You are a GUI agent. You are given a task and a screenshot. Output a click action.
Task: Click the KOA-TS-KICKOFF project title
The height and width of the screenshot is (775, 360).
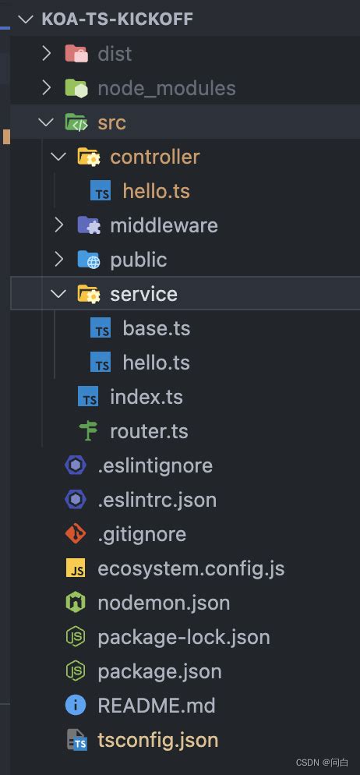pos(117,19)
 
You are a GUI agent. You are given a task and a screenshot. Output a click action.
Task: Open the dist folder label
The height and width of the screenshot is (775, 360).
pos(115,53)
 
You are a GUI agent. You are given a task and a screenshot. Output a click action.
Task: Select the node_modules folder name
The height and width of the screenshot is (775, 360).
pos(167,88)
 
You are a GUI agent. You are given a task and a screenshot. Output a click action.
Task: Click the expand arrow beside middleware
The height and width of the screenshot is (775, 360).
pos(59,225)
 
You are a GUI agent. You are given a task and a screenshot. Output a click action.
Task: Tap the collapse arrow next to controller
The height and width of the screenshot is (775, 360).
pos(58,157)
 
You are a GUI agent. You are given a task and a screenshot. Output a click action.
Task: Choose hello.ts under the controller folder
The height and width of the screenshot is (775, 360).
pos(156,191)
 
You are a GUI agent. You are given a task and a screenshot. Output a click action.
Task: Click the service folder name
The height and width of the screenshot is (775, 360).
pos(143,294)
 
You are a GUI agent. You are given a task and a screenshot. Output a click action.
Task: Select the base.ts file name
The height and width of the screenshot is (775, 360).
pos(156,328)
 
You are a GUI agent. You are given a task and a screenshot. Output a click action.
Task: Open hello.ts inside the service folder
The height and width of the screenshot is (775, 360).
pos(156,363)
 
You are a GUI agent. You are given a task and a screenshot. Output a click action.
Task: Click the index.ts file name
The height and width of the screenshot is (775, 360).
pos(146,397)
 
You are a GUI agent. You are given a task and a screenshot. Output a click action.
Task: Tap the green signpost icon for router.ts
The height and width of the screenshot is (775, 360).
pos(89,431)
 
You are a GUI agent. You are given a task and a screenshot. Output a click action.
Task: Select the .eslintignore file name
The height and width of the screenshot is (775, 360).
pos(155,465)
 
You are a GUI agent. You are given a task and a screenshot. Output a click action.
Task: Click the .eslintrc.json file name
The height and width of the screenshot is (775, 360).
pos(157,501)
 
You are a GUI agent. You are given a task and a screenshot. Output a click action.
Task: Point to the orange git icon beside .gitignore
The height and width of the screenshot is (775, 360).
pos(76,534)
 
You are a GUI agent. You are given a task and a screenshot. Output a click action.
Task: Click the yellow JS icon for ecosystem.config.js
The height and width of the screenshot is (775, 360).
pos(76,568)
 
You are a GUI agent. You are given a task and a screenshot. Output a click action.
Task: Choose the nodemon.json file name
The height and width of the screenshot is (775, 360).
pos(164,603)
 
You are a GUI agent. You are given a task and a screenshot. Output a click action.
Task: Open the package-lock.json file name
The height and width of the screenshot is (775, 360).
pos(184,638)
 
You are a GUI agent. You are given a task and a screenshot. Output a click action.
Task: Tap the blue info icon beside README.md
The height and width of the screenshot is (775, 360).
pos(76,706)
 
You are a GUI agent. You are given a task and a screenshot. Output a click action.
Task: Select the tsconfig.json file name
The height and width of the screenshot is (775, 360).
pos(158,741)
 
